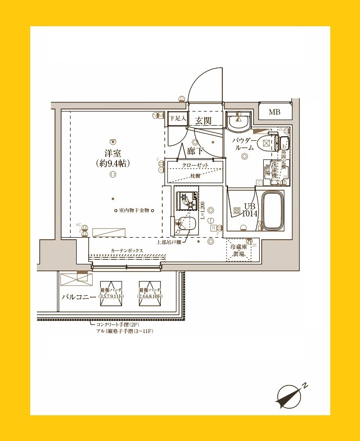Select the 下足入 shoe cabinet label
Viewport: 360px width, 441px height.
tap(177, 118)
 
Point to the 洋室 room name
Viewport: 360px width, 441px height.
tap(112, 153)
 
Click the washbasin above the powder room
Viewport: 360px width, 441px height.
tap(236, 121)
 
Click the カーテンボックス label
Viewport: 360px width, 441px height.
tap(127, 251)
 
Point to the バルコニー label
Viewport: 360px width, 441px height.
tap(79, 297)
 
